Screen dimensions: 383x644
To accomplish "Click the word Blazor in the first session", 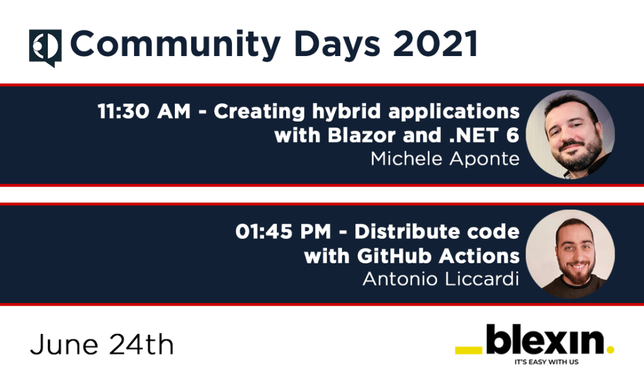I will [364, 135].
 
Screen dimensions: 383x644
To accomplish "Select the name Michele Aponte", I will [445, 158].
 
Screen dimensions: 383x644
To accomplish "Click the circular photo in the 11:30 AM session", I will [570, 134].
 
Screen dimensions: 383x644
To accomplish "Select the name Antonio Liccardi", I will [441, 278].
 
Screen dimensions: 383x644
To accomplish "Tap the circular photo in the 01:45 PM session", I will [570, 254].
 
